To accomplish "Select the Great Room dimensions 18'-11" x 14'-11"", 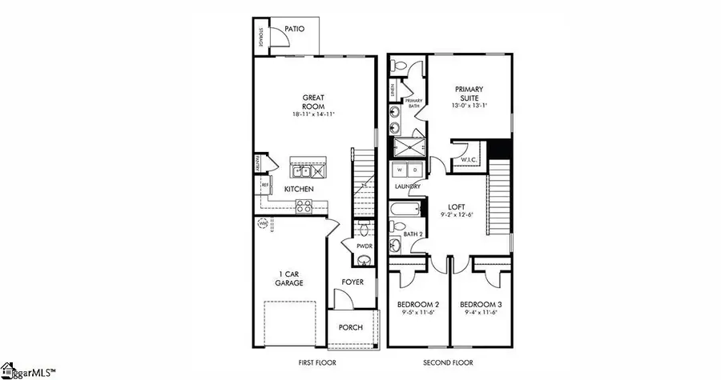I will tap(312, 115).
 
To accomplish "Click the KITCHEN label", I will tap(299, 190).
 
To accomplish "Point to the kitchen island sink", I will tap(302, 170).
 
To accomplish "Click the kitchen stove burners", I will tap(304, 205).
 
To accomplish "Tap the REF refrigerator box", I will tap(264, 186).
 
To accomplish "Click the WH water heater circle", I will tap(262, 224).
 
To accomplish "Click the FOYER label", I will tap(353, 282).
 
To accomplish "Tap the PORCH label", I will tap(351, 328).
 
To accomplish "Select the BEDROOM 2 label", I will tap(418, 305).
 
